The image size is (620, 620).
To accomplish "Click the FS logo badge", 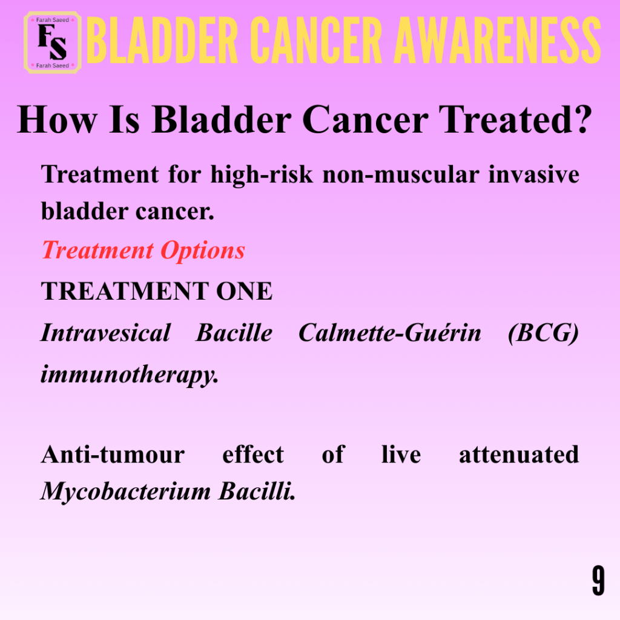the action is click(x=53, y=42).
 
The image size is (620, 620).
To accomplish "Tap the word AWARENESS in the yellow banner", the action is click(x=498, y=40).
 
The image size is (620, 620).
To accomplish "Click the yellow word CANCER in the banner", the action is click(x=316, y=40).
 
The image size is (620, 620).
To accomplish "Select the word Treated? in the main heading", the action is click(x=515, y=119).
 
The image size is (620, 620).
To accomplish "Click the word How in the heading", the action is click(x=57, y=119).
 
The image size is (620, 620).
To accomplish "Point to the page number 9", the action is click(x=598, y=581).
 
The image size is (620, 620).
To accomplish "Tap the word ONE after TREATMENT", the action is click(x=244, y=291).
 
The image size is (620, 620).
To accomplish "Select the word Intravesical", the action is click(x=106, y=332).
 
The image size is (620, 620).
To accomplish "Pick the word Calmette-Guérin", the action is click(x=390, y=332).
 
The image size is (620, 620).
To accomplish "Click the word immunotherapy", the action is click(x=130, y=374).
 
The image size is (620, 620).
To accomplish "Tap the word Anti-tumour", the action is click(x=113, y=454).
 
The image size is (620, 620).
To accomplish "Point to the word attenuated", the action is click(x=519, y=454).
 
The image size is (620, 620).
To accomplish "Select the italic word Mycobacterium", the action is click(x=126, y=492).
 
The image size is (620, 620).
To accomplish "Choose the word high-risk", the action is click(x=262, y=175).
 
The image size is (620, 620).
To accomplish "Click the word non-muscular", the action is click(x=401, y=175).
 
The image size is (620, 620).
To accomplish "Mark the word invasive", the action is click(x=534, y=175).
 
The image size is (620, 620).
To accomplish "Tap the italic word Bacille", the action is click(x=234, y=332).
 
